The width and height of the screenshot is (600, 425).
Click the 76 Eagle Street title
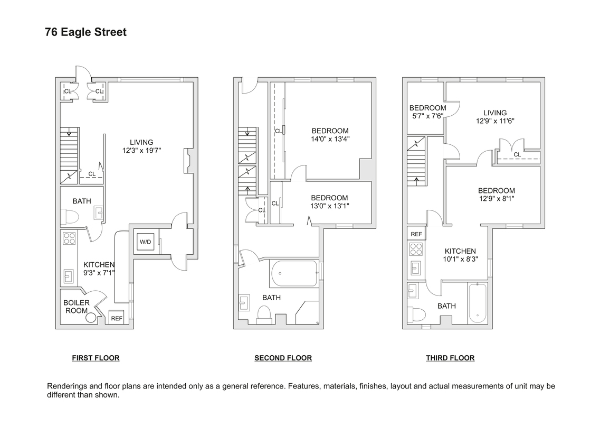pos(85,32)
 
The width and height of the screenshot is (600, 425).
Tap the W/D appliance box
pos(145,242)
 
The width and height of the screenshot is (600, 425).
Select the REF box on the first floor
pos(116,318)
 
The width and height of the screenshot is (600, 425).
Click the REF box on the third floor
pos(416,234)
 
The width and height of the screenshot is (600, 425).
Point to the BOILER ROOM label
pos(77,307)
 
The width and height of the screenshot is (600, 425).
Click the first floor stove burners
pos(69,238)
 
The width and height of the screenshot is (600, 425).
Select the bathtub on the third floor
pos(478,302)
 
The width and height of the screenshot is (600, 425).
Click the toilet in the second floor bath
pos(263,314)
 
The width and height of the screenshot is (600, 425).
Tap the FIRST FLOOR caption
pos(96,358)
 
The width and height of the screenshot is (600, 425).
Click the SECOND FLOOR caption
pos(283,358)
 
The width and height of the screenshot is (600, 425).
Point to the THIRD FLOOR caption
pos(450,358)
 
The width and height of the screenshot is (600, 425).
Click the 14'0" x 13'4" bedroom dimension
pos(330,139)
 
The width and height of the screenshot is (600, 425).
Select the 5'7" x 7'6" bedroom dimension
pos(427,116)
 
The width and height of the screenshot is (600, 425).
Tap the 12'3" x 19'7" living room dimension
pos(141,150)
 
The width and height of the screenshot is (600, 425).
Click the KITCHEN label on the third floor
pos(460,251)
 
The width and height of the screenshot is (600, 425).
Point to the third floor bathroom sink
pos(413,291)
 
